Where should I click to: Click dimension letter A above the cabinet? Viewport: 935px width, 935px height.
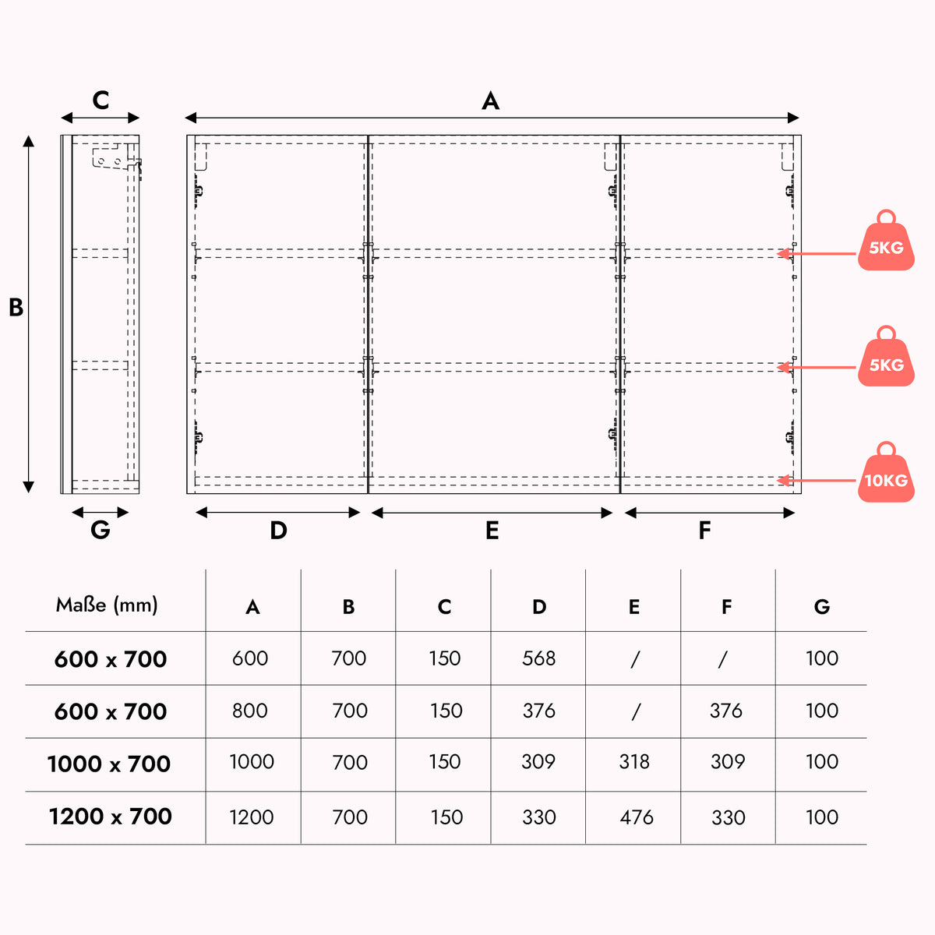[x=491, y=101]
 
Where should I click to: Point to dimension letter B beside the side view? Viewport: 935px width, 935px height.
[x=16, y=307]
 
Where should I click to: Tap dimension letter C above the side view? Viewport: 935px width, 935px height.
[x=101, y=101]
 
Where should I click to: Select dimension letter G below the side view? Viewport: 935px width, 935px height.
[x=101, y=529]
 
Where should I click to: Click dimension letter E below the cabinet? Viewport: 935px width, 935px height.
[x=492, y=531]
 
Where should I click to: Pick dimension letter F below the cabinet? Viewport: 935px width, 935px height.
[x=704, y=531]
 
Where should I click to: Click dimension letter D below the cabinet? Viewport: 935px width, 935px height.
[x=278, y=531]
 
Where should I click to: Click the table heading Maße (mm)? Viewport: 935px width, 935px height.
[x=107, y=605]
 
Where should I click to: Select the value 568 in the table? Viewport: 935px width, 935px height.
[x=538, y=658]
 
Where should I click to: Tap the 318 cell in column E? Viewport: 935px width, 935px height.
[x=633, y=761]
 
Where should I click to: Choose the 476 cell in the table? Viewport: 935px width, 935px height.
[x=636, y=817]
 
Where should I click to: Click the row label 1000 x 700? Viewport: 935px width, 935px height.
[x=108, y=764]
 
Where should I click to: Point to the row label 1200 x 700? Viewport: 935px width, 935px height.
[x=110, y=816]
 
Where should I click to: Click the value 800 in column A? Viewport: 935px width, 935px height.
[x=249, y=711]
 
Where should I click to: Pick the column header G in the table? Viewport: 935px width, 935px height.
[x=821, y=606]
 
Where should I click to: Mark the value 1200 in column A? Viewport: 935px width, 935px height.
[x=252, y=817]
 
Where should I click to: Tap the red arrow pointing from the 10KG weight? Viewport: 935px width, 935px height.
[x=816, y=481]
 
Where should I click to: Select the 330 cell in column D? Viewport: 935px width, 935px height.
[x=538, y=817]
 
